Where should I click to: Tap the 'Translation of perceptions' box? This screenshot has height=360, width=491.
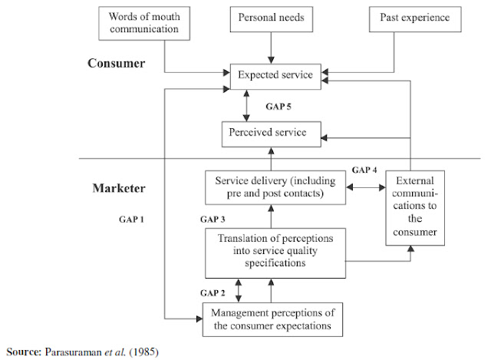pyautogui.click(x=274, y=250)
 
